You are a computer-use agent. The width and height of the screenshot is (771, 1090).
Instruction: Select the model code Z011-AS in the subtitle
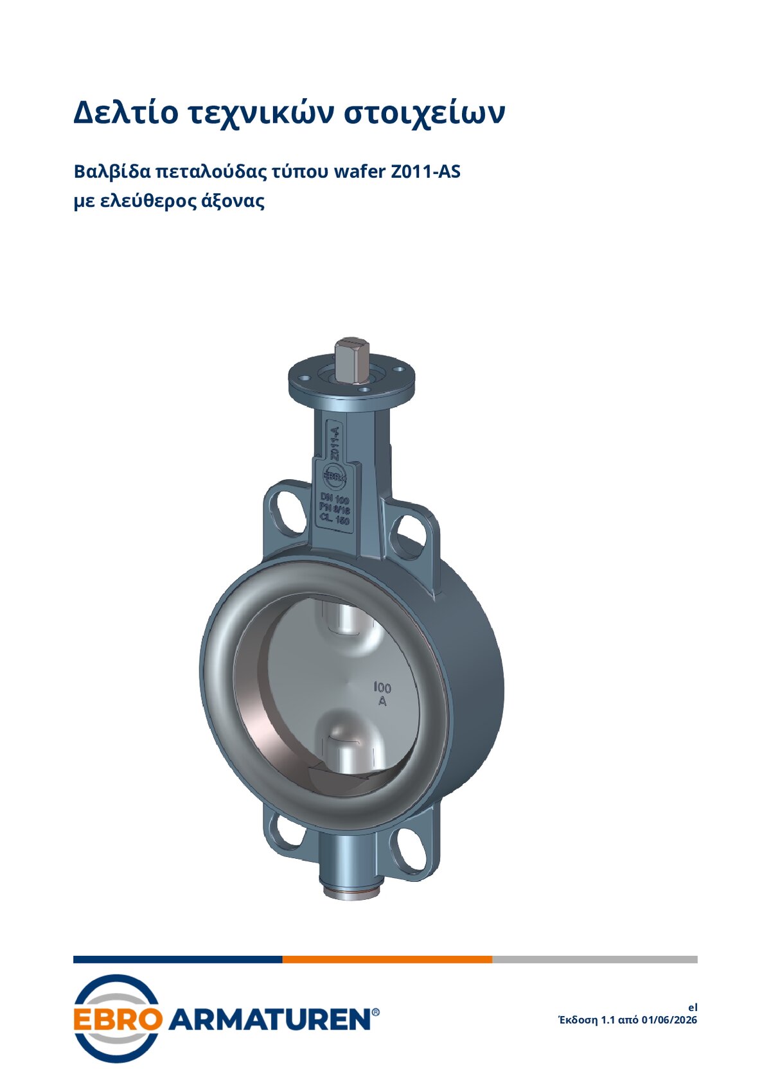425,171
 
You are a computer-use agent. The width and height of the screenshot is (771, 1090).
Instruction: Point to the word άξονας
233,201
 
